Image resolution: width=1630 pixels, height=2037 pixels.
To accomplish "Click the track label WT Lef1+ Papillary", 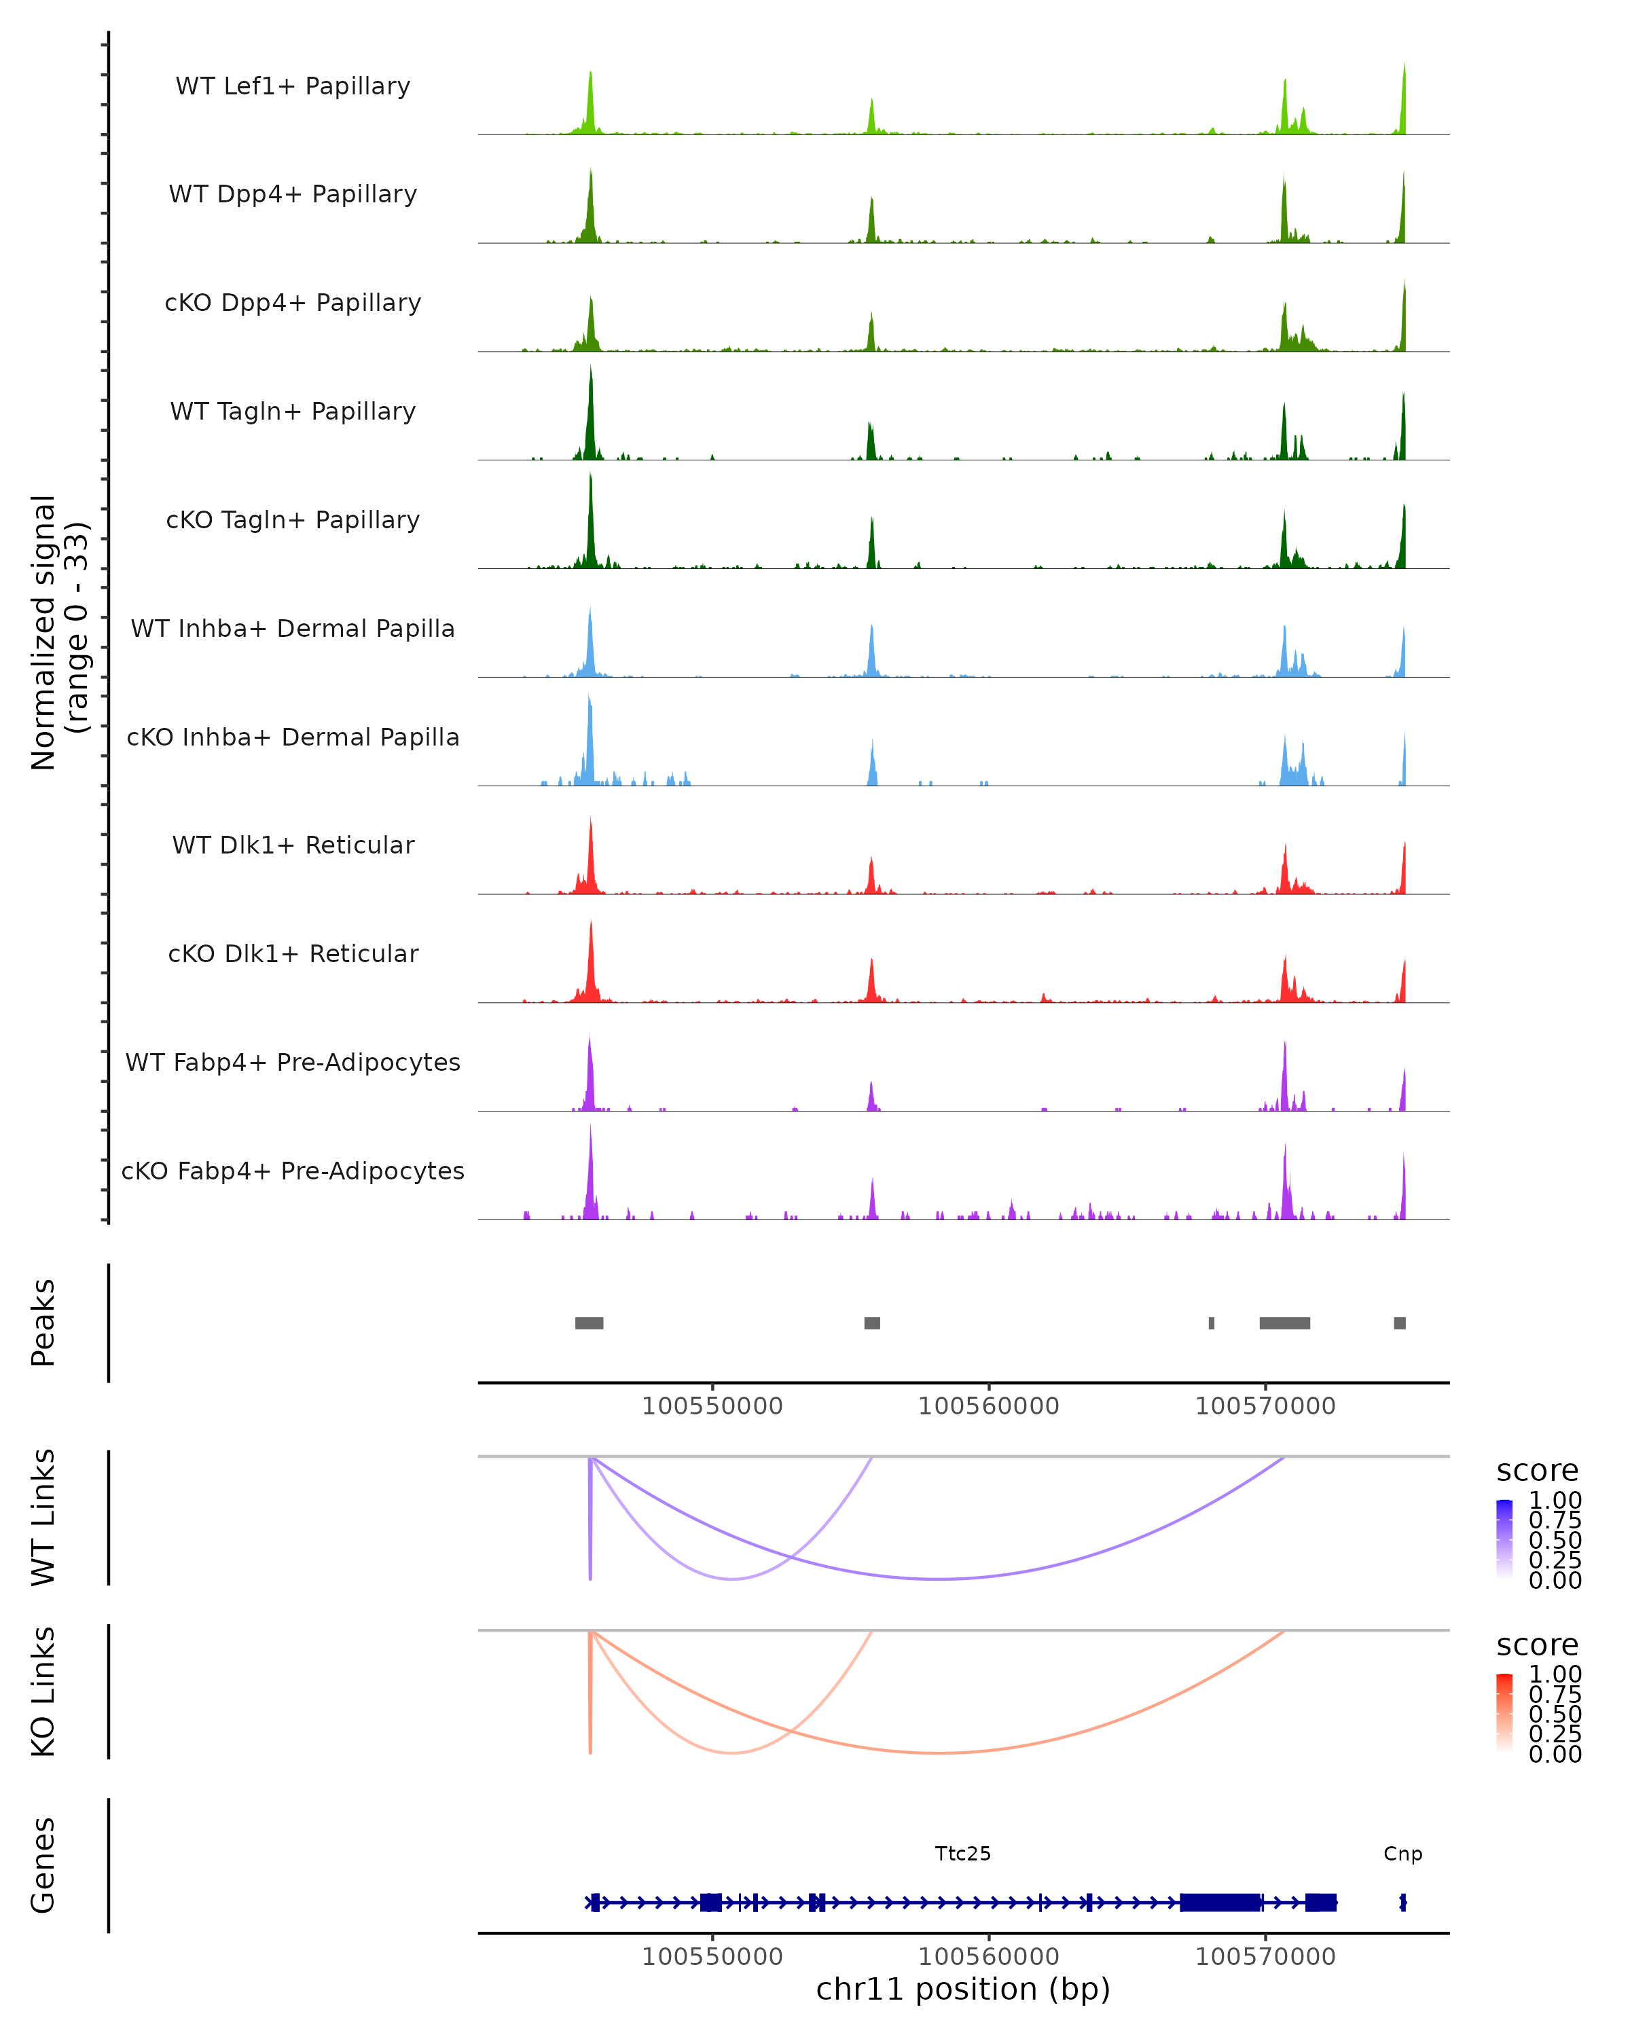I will tap(293, 86).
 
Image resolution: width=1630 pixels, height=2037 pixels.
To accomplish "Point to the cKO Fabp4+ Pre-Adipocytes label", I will tap(293, 1171).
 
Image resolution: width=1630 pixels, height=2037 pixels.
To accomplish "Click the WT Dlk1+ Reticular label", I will tap(293, 845).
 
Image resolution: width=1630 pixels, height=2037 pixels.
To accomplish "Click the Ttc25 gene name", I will tap(963, 1854).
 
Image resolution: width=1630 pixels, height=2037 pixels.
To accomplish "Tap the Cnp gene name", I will tap(1402, 1854).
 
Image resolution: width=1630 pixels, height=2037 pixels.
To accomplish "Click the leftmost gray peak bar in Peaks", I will tap(589, 1323).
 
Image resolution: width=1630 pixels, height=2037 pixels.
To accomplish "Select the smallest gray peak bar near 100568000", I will tap(1212, 1323).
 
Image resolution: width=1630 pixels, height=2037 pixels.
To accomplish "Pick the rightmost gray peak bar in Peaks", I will tap(1400, 1323).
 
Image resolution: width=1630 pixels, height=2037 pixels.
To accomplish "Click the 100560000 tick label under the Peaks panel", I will tap(988, 1406).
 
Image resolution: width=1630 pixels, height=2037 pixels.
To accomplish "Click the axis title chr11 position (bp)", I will tap(963, 1989).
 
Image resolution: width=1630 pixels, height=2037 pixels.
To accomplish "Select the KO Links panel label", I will tap(43, 1692).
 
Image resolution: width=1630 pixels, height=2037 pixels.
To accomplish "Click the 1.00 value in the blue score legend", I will tap(1555, 1501).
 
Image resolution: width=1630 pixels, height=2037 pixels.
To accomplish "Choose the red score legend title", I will tap(1536, 1645).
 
